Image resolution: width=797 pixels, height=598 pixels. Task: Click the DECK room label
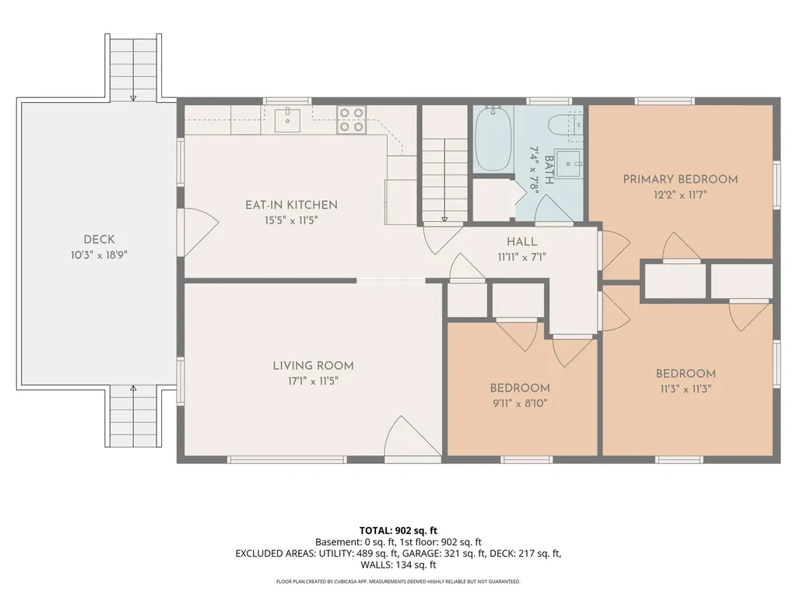pos(99,239)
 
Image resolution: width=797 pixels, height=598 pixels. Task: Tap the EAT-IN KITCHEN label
pos(291,205)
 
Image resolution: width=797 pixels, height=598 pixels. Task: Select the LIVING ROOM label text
pos(313,366)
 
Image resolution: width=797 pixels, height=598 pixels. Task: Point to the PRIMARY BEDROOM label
pos(680,179)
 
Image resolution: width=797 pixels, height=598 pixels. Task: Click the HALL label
pos(522,242)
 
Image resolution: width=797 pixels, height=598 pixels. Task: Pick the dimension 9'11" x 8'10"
pos(519,404)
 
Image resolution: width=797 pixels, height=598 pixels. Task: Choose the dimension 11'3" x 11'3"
pos(686,389)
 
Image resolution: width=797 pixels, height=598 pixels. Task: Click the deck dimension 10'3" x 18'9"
pos(99,255)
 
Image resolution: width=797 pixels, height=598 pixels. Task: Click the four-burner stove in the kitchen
pos(351,121)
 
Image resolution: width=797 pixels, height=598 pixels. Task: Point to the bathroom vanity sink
pos(567,164)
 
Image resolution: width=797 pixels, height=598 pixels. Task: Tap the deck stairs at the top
pos(133,67)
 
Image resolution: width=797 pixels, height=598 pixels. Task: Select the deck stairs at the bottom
pos(133,417)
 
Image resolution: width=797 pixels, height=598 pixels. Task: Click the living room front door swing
pos(413,436)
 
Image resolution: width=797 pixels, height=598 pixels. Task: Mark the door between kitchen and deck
pos(200,232)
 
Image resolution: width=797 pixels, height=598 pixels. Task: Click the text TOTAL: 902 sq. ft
pos(398,531)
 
